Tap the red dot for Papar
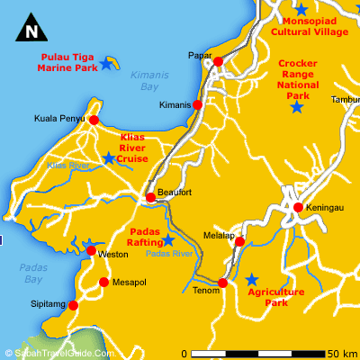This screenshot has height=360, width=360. (x=218, y=61)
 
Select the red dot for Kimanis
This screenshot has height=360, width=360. (x=198, y=104)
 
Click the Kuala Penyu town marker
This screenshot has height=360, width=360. (x=94, y=119)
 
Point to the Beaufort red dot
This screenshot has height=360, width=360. (x=150, y=197)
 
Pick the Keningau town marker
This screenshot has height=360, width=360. (x=297, y=208)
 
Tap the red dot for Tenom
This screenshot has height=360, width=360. (x=223, y=283)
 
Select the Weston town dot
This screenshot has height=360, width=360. (x=91, y=251)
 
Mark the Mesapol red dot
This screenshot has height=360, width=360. (x=103, y=282)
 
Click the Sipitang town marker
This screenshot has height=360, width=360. (x=73, y=305)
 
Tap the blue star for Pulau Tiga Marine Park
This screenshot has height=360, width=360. (x=106, y=64)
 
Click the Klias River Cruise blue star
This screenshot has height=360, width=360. (x=109, y=158)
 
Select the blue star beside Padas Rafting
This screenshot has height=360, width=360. (x=168, y=240)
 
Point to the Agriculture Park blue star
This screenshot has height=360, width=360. (x=253, y=279)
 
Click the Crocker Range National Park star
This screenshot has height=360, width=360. (x=296, y=108)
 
